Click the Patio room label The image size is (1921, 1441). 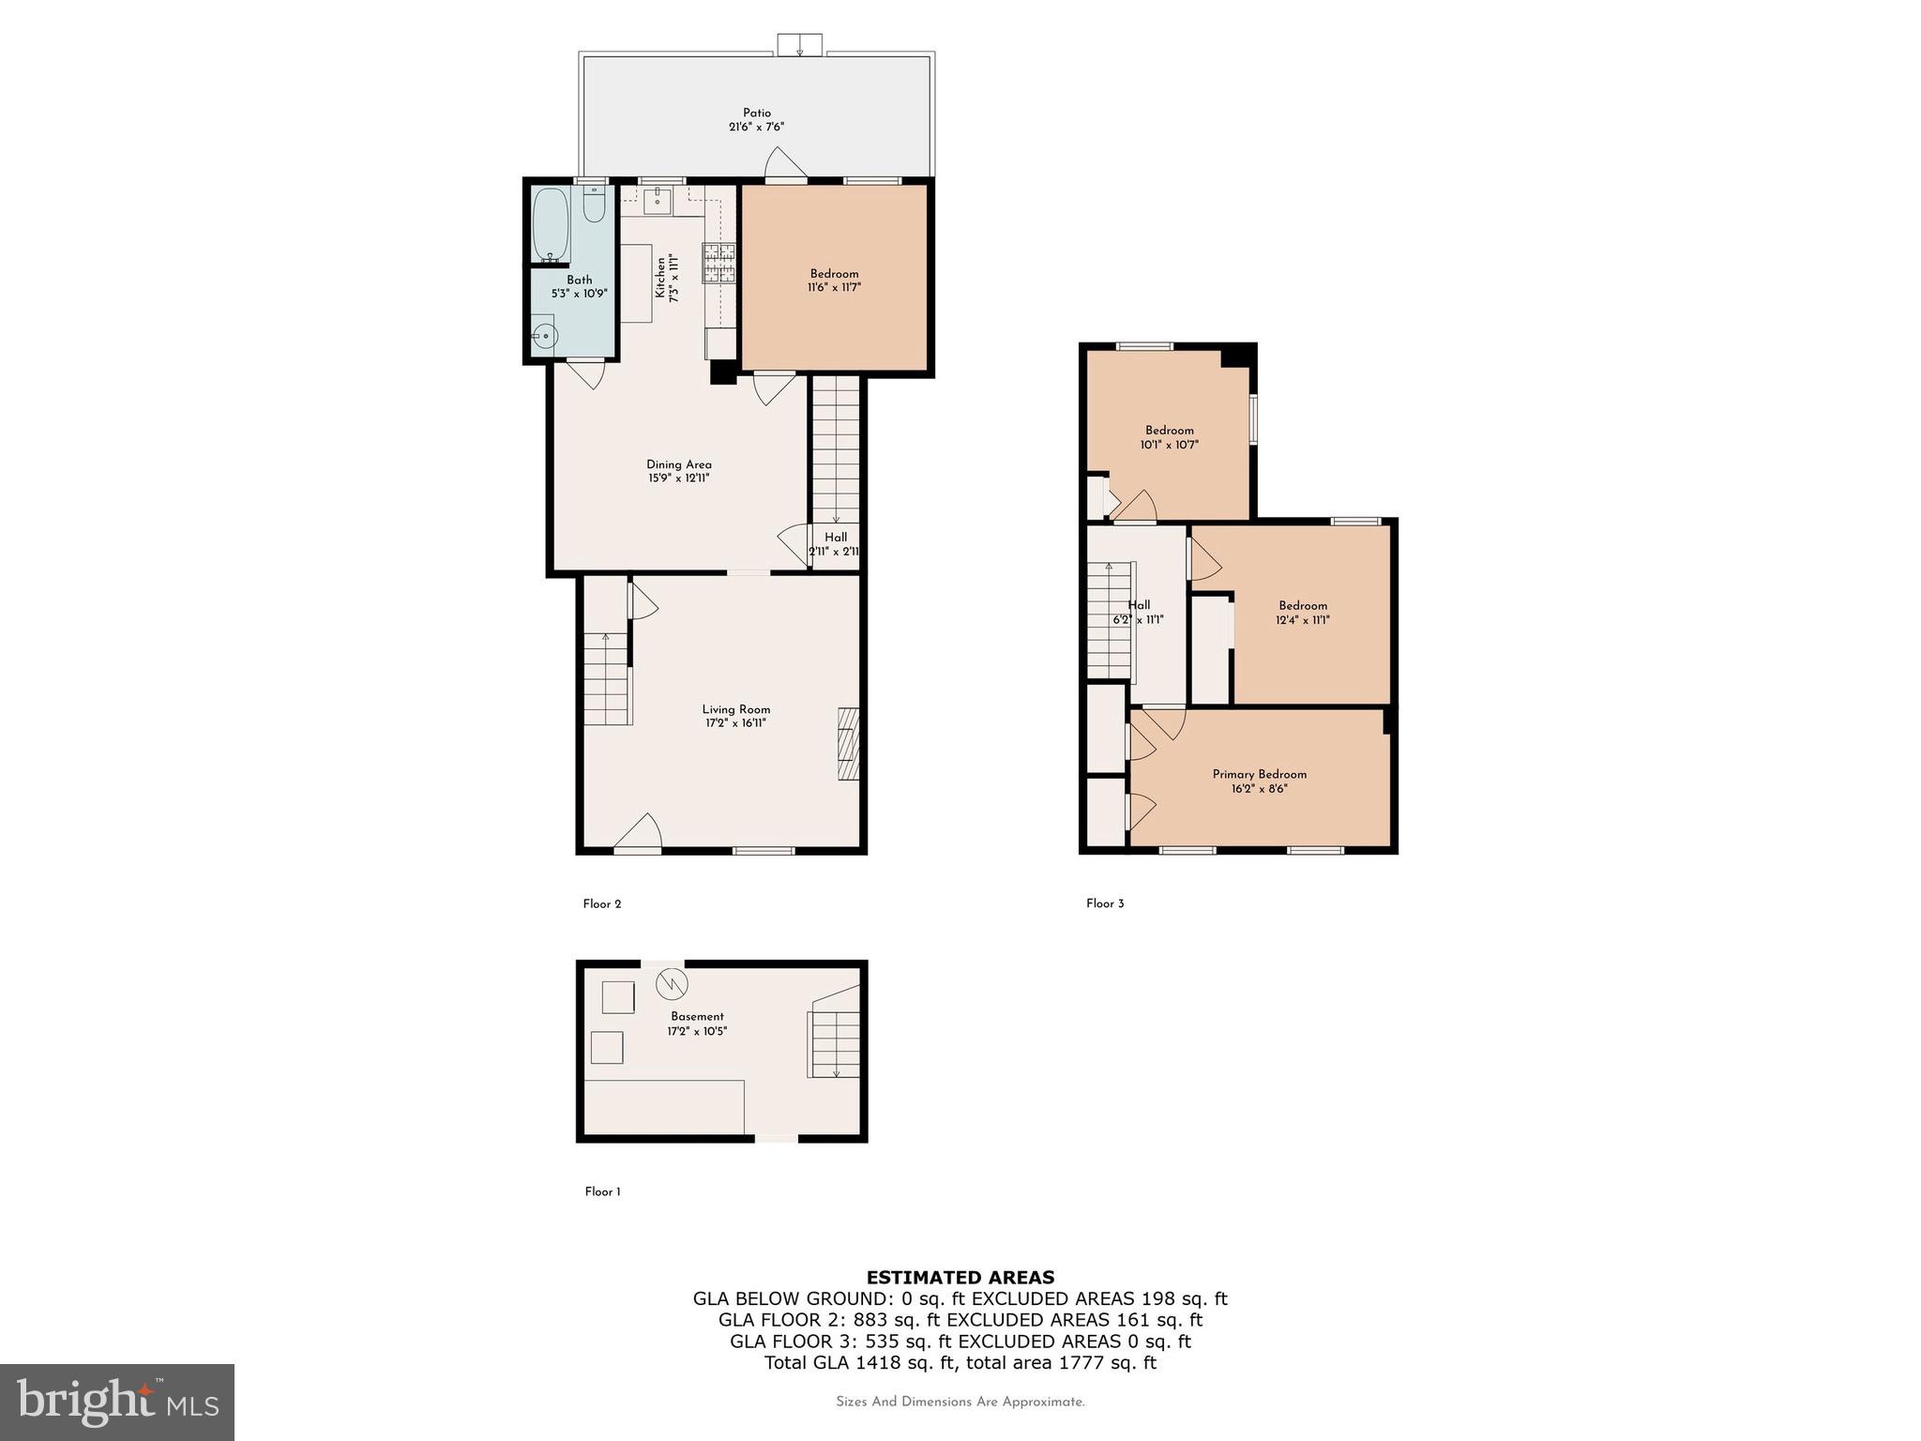click(x=757, y=114)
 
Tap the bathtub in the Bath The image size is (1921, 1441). click(x=551, y=225)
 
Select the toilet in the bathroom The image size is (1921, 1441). click(x=594, y=204)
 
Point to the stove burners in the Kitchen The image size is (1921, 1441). click(x=719, y=263)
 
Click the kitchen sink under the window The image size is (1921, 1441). click(x=658, y=200)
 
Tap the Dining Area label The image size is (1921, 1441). click(x=679, y=464)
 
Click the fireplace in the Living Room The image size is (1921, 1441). click(x=848, y=744)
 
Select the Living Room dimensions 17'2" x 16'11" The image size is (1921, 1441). click(x=736, y=723)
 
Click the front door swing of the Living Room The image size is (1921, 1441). click(x=639, y=832)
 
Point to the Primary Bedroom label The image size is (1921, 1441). click(x=1260, y=774)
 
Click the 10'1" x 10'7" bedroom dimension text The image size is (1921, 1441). click(x=1170, y=445)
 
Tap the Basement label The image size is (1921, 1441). click(x=697, y=1016)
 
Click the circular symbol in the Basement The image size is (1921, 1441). click(x=672, y=983)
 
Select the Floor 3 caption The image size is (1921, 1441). click(x=1105, y=903)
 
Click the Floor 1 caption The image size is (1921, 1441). click(x=603, y=1191)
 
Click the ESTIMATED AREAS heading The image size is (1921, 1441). click(x=960, y=1277)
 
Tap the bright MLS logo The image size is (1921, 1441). click(x=117, y=1402)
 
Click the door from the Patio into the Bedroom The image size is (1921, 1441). click(x=786, y=163)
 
